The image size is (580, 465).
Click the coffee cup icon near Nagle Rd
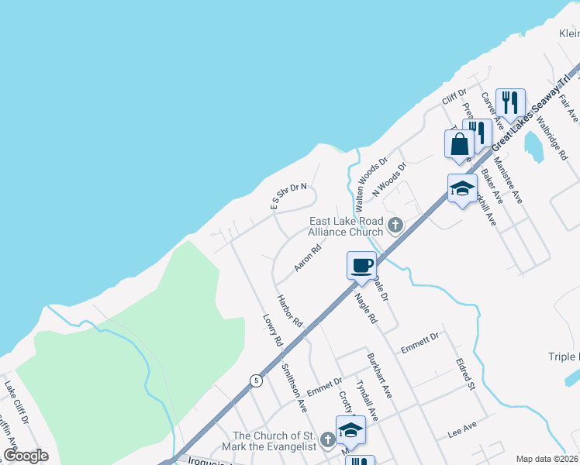click(x=361, y=266)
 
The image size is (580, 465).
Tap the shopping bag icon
click(x=459, y=144)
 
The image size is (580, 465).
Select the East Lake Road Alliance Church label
click(x=346, y=226)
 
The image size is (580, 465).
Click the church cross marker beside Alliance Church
click(x=395, y=226)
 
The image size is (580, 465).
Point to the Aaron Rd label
click(x=308, y=259)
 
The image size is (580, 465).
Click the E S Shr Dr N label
click(x=288, y=197)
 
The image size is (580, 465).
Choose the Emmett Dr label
click(x=419, y=343)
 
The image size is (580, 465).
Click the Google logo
click(x=26, y=456)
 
